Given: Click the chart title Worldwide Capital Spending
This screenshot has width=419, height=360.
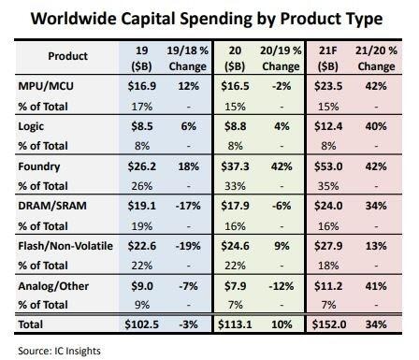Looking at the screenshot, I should tap(209, 19).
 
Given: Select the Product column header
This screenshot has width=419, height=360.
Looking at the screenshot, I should tap(66, 56).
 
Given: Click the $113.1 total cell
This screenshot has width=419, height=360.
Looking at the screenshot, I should tap(237, 324).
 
